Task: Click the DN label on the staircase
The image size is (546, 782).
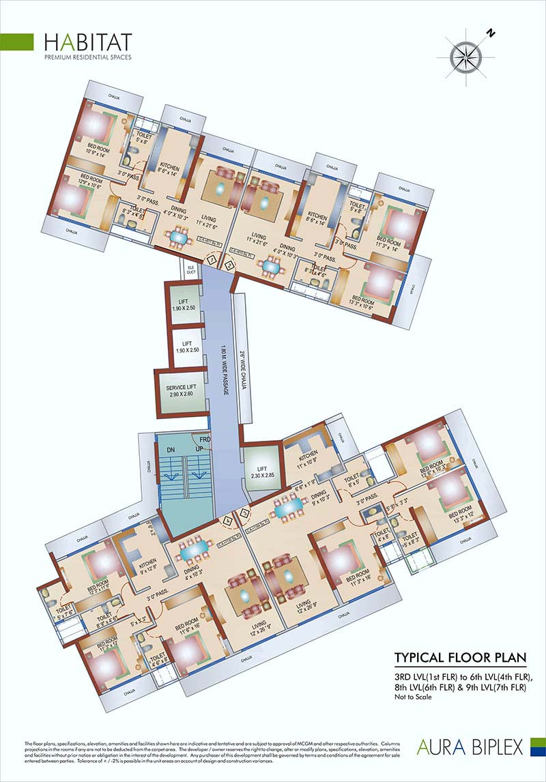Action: (x=170, y=449)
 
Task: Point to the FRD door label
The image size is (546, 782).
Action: (x=205, y=439)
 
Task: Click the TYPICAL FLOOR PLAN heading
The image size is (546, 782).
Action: (x=461, y=658)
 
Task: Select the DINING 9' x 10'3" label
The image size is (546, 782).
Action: (x=317, y=499)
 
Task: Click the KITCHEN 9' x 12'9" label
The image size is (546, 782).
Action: (x=148, y=566)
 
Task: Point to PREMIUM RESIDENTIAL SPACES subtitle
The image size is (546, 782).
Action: (x=87, y=57)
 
